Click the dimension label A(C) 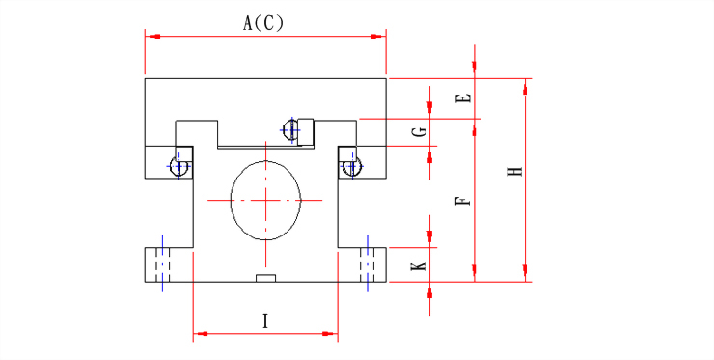pyautogui.click(x=263, y=23)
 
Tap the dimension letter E pyautogui.click(x=464, y=98)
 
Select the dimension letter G pyautogui.click(x=420, y=131)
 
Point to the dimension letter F pyautogui.click(x=463, y=200)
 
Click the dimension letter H pyautogui.click(x=515, y=172)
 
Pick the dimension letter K pyautogui.click(x=419, y=266)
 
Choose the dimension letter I pyautogui.click(x=265, y=321)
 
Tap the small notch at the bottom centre pyautogui.click(x=265, y=278)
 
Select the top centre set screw pyautogui.click(x=289, y=130)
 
